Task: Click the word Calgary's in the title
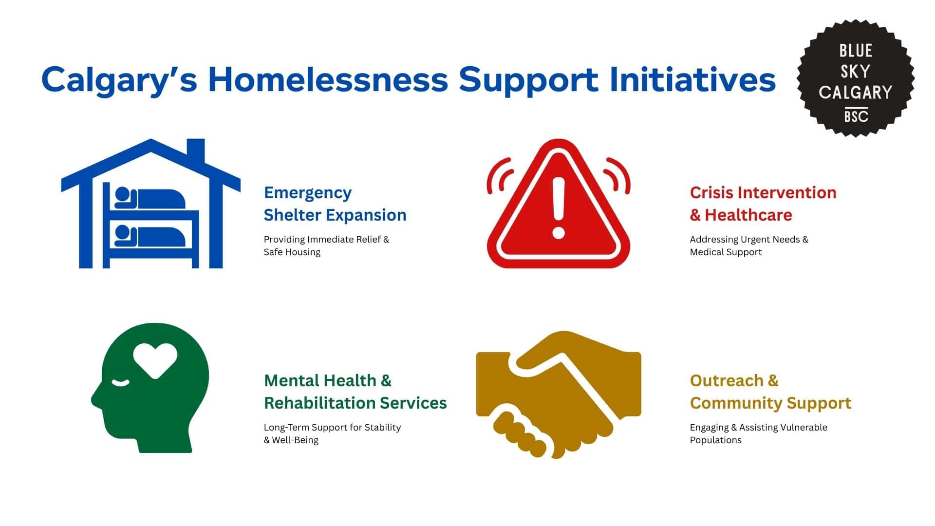119,79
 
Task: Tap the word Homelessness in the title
328,79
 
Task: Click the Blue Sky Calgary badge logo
855,78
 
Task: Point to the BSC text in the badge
856,117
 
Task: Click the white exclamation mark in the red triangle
559,207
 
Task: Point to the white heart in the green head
155,359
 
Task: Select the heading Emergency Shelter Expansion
335,204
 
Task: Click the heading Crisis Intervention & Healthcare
763,204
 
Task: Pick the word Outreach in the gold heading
727,380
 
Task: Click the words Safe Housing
292,252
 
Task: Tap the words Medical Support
726,252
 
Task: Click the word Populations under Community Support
715,440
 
